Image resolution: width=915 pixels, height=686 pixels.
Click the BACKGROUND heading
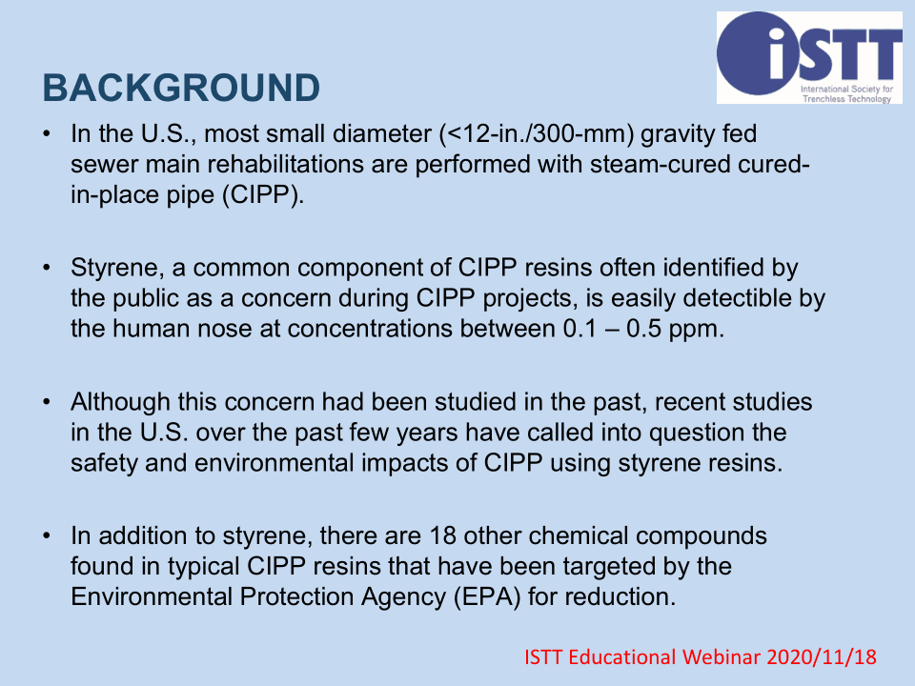181,88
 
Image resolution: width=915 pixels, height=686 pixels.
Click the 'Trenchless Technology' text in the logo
846,99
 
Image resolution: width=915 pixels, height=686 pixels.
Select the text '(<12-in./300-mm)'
537,134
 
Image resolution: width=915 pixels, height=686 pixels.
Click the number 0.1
580,329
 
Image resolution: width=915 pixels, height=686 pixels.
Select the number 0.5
643,329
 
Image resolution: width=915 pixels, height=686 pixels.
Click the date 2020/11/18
822,657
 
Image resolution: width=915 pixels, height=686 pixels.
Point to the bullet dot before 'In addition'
47,536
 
